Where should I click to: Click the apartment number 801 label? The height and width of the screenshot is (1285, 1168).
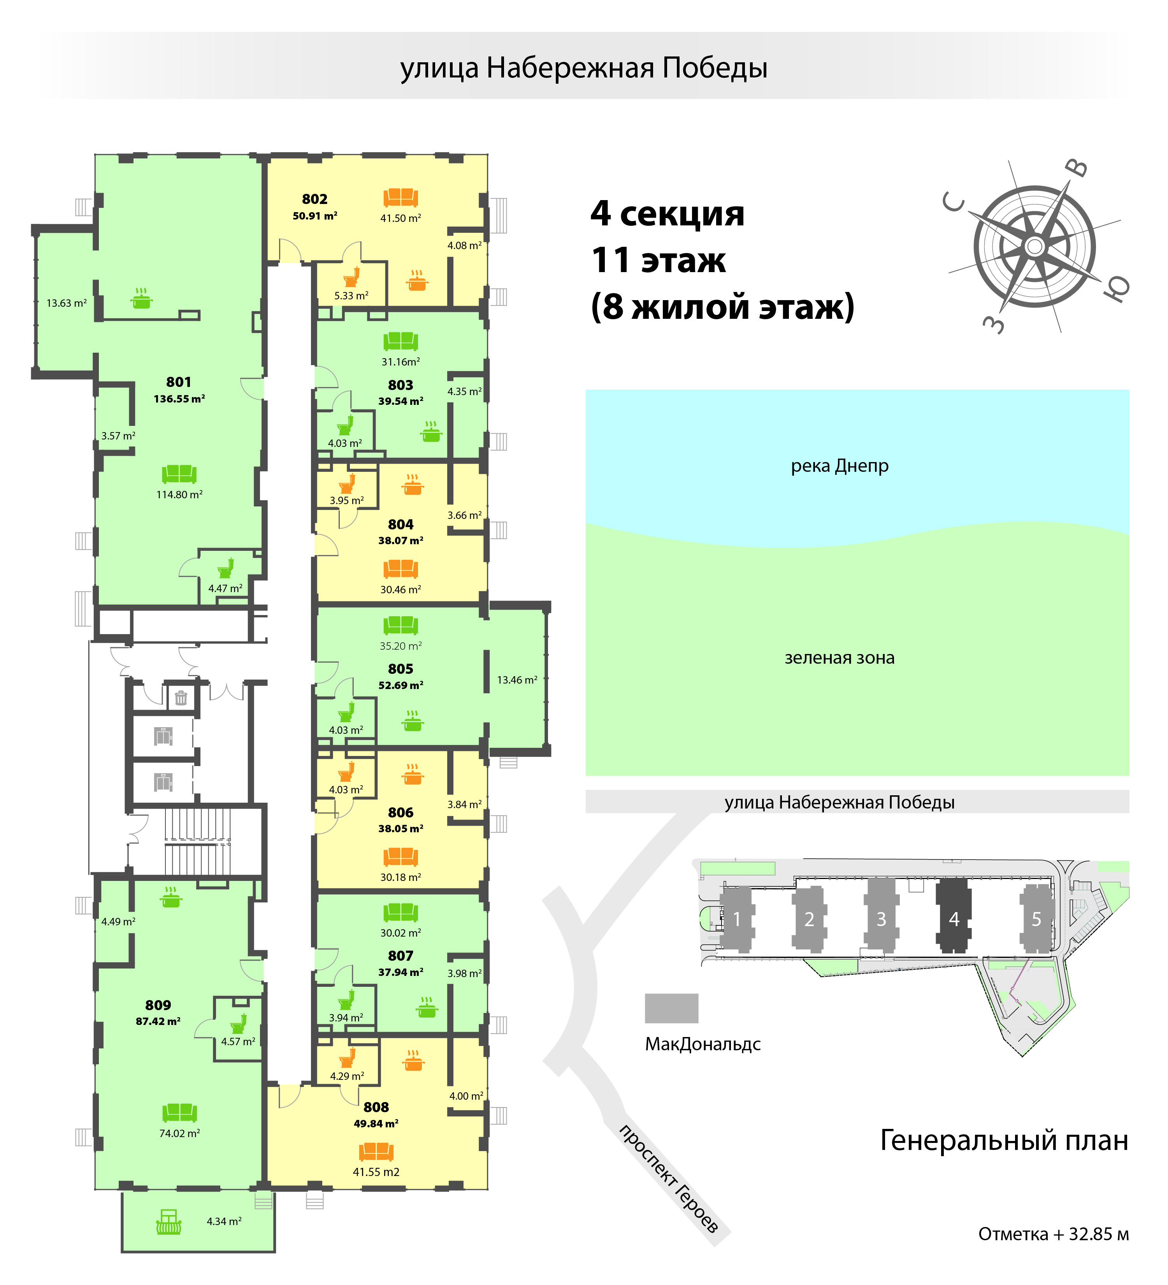[178, 382]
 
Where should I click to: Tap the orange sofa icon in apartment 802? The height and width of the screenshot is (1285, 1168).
[400, 198]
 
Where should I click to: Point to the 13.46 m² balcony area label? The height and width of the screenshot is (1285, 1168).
[517, 680]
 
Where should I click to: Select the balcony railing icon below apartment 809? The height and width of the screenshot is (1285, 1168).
[169, 1221]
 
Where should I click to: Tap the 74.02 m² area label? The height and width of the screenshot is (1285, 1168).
[180, 1133]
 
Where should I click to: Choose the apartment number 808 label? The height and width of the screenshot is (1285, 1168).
[376, 1107]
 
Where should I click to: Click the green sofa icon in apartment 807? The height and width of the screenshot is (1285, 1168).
[400, 912]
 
